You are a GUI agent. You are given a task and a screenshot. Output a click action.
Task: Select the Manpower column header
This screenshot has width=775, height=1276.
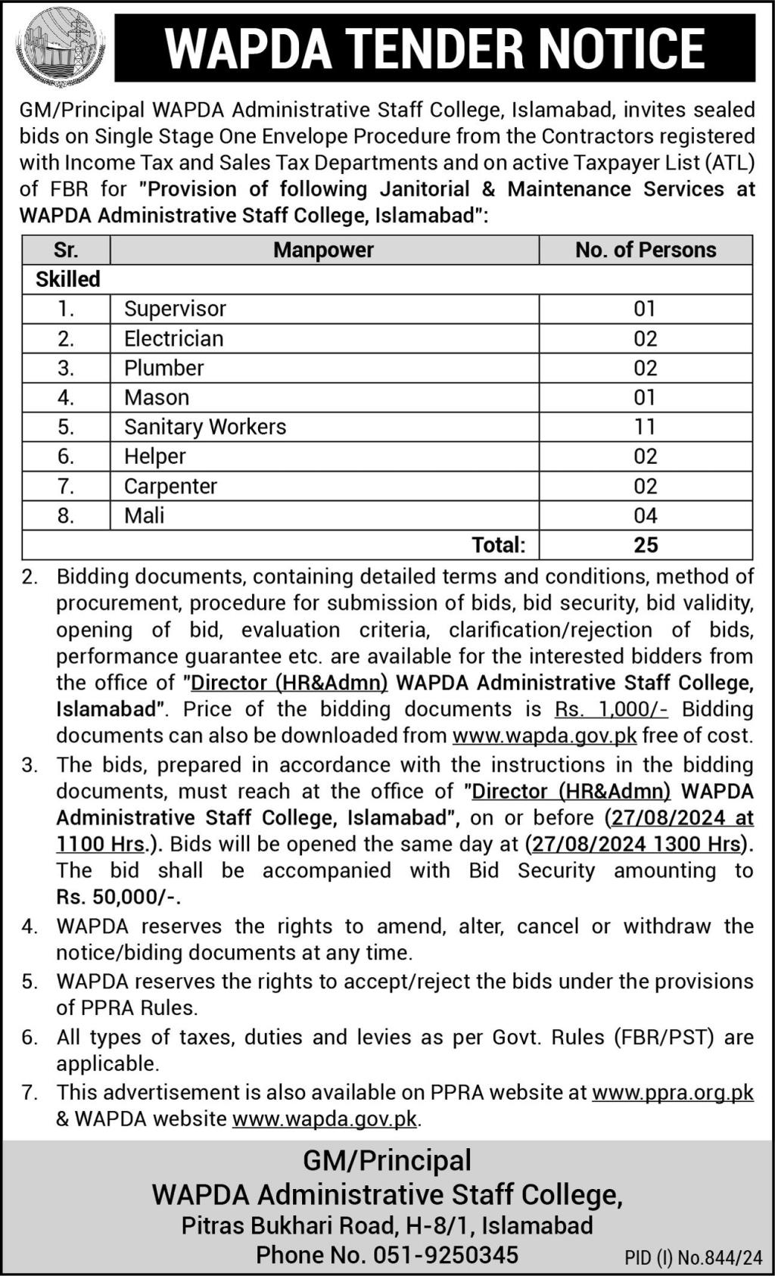click(x=324, y=250)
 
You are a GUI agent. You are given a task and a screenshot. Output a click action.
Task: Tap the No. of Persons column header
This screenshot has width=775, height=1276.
click(x=646, y=250)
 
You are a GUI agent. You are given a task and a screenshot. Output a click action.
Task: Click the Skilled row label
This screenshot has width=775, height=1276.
click(x=68, y=279)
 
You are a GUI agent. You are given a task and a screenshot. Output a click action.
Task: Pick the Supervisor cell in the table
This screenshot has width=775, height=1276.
click(x=175, y=309)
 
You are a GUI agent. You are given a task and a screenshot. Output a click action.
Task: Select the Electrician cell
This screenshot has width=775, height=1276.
click(x=174, y=338)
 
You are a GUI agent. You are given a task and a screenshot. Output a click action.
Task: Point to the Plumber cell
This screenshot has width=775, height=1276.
click(x=164, y=368)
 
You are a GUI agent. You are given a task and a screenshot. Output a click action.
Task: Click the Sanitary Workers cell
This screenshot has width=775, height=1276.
click(x=205, y=427)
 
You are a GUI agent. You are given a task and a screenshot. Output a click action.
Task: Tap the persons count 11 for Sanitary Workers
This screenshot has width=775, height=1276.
click(x=645, y=427)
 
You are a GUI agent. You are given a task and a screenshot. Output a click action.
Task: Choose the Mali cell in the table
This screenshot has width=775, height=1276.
click(x=145, y=515)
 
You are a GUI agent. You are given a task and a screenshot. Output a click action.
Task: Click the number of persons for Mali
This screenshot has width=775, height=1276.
click(x=646, y=515)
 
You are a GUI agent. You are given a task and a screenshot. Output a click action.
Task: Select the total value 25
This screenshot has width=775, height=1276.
click(x=646, y=545)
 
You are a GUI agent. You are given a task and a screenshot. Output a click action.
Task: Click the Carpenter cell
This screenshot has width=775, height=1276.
click(x=171, y=486)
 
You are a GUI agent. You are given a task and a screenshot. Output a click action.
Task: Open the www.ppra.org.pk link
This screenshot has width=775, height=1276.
click(x=673, y=1092)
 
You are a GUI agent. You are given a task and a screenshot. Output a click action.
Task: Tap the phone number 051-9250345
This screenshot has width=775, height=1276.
click(x=446, y=1255)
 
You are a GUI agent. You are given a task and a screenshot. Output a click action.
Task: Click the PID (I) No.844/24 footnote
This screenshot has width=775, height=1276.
click(x=693, y=1258)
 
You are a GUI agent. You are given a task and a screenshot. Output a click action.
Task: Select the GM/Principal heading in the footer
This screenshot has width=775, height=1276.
click(x=387, y=1160)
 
